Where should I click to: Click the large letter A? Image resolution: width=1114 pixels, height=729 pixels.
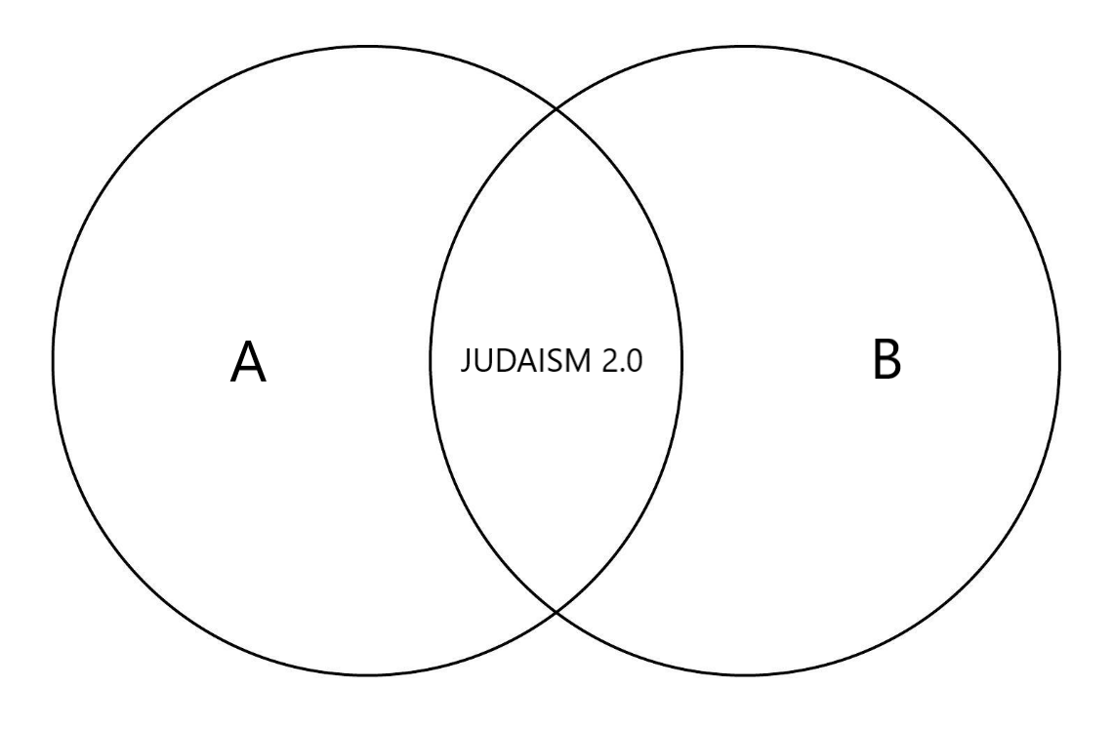click(x=248, y=362)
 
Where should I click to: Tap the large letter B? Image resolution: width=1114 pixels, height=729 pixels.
click(x=887, y=362)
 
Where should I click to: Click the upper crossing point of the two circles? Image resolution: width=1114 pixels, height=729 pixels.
click(x=557, y=109)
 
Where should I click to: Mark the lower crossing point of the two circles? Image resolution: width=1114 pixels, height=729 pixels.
click(x=557, y=612)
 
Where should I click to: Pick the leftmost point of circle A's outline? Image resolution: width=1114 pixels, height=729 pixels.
click(x=53, y=361)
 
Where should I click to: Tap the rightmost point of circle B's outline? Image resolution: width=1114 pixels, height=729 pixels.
click(x=1060, y=361)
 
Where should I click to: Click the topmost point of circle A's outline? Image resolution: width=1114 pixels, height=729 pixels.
click(x=367, y=46)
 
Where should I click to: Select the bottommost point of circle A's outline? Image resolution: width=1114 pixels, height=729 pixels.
click(x=367, y=675)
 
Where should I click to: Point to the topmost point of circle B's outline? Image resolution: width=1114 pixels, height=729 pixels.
click(x=746, y=46)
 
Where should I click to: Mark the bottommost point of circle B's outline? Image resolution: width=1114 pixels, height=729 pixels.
click(x=746, y=675)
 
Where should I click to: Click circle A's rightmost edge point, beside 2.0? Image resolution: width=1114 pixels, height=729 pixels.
click(x=681, y=361)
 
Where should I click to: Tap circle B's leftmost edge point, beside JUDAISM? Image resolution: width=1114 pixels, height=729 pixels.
click(x=431, y=361)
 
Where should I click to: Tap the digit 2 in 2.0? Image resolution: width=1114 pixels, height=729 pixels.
click(x=606, y=363)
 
